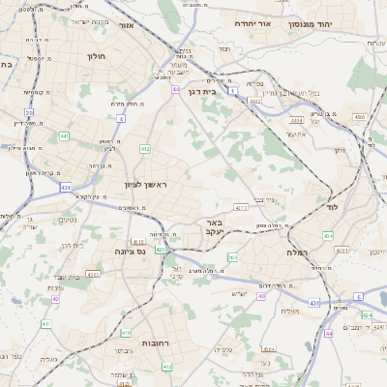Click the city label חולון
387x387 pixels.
[x=96, y=56]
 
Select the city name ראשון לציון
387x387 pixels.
[x=145, y=184]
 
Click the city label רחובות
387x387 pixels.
[x=157, y=343]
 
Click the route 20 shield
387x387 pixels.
[x=29, y=113]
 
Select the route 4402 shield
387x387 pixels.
[x=255, y=100]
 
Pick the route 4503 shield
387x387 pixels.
[x=360, y=117]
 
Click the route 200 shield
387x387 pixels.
[x=232, y=257]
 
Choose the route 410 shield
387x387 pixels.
[x=126, y=333]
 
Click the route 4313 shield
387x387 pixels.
[x=93, y=274]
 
